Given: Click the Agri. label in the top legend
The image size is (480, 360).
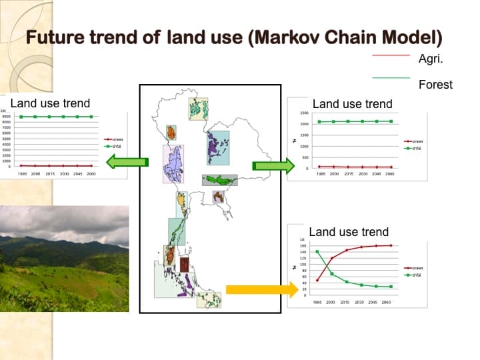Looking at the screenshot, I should click(431, 59).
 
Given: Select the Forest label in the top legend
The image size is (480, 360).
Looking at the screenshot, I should click(435, 84).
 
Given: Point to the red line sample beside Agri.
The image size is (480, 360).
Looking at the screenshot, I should click(391, 55).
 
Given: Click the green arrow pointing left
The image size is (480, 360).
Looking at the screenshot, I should click(127, 161).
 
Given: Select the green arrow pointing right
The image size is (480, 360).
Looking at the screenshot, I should click(273, 166).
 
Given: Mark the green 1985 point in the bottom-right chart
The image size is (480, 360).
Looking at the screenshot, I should click(317, 251).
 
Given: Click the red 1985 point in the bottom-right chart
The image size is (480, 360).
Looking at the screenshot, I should click(317, 280).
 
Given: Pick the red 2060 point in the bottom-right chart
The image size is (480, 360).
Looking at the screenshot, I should click(390, 245).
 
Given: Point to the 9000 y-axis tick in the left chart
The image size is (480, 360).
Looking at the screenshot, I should click(6, 116).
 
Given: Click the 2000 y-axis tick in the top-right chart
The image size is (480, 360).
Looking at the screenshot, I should click(304, 124).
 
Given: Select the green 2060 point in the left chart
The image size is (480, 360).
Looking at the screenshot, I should click(91, 117).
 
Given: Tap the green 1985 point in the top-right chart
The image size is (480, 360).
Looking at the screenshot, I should click(320, 122).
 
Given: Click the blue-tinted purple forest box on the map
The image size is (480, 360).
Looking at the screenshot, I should click(217, 148).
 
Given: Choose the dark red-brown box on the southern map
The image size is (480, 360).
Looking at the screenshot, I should click(184, 256).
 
